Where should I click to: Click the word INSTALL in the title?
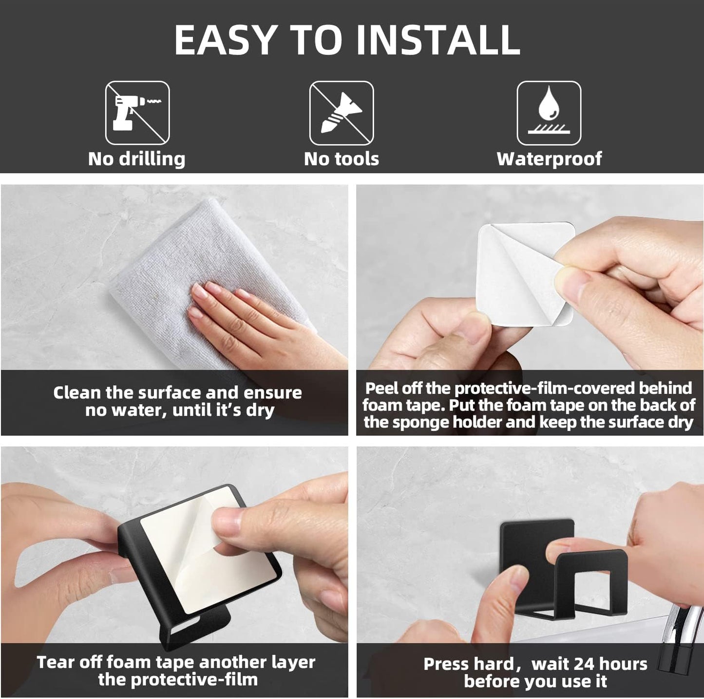point(438,40)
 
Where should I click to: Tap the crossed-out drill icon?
point(137,113)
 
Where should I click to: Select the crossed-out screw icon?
point(342,113)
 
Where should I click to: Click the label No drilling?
point(136,159)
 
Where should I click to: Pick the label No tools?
point(342,159)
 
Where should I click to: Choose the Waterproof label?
point(549,159)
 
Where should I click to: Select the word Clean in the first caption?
point(77,393)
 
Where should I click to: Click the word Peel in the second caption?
point(380,388)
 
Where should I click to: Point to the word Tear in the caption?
point(55,662)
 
